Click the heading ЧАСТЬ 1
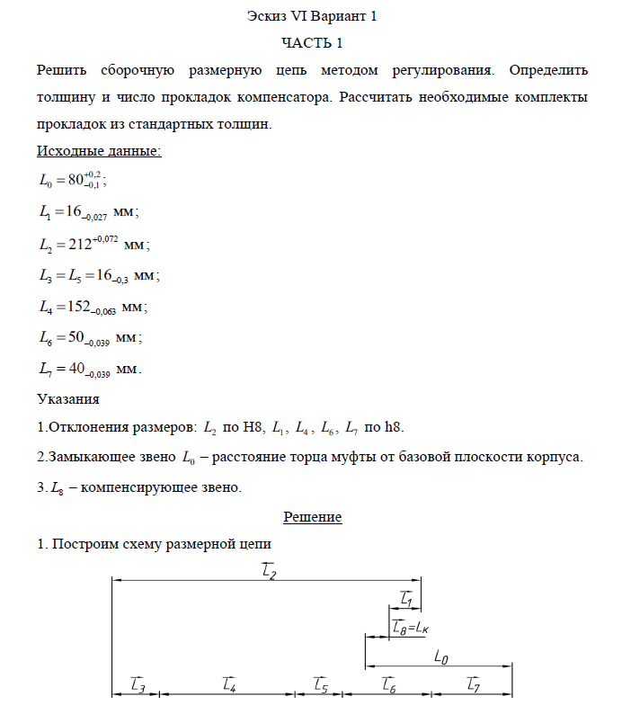coord(312,42)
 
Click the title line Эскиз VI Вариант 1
coord(312,16)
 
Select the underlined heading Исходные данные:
coord(99,150)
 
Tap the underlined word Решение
coord(312,517)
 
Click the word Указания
coord(67,397)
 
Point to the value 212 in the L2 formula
coord(84,244)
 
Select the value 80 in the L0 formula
coord(78,181)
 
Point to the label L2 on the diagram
coord(268,571)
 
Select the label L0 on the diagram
coord(441,657)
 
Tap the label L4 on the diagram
coord(228,685)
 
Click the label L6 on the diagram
coord(389,685)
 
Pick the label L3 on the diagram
coord(138,685)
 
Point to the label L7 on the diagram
coord(474,685)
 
